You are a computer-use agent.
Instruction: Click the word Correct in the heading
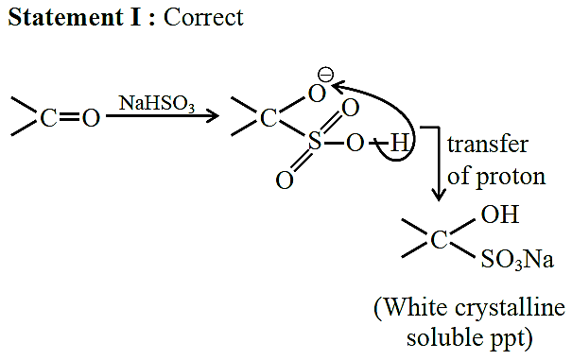click(x=203, y=17)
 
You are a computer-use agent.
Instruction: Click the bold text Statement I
click(x=74, y=17)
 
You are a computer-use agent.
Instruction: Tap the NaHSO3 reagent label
click(x=157, y=103)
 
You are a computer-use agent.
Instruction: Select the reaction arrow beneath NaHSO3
click(x=163, y=116)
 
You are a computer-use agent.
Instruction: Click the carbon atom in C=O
click(x=48, y=118)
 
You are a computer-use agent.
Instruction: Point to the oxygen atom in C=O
click(x=91, y=118)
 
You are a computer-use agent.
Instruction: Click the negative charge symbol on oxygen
click(x=326, y=76)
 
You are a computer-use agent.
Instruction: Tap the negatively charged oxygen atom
click(x=317, y=94)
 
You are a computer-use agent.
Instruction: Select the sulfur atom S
click(x=315, y=141)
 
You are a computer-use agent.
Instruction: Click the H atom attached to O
click(x=399, y=143)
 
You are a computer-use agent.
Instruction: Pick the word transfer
click(x=488, y=145)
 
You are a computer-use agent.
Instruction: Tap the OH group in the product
click(x=500, y=214)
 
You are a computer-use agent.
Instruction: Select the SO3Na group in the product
click(x=517, y=259)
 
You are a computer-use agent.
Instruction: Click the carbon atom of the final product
click(x=439, y=240)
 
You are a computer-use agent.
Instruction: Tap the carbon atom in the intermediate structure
click(x=269, y=118)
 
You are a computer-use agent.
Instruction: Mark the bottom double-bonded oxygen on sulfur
click(x=285, y=180)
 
